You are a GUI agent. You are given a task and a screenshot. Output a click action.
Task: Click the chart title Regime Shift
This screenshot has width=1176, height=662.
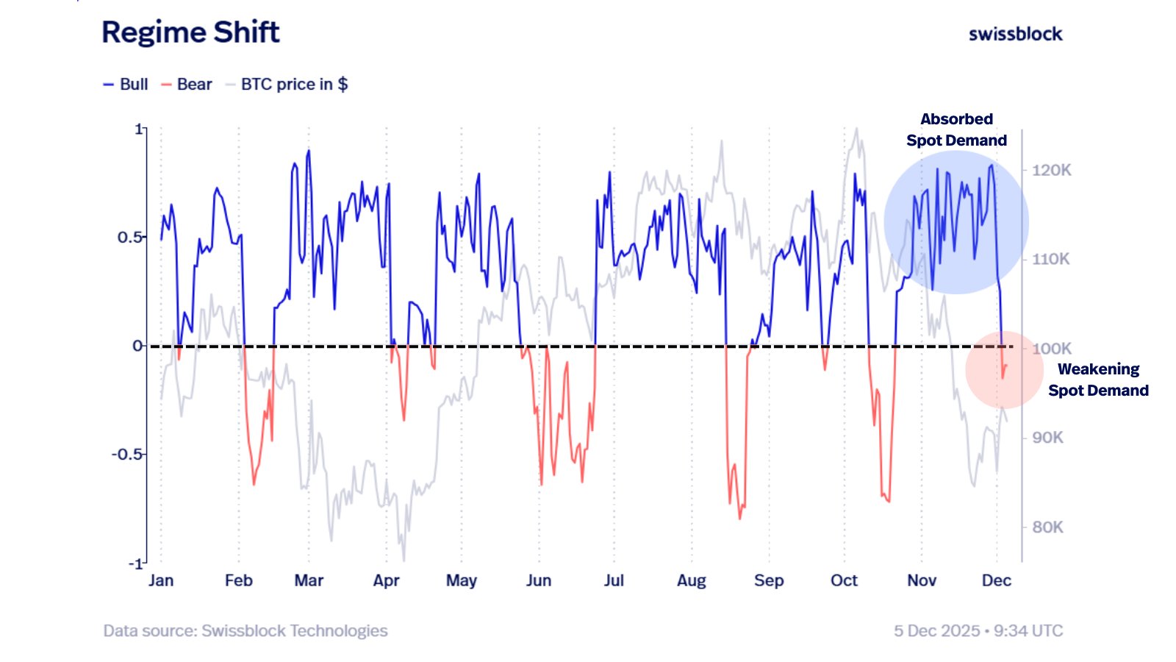pyautogui.click(x=190, y=32)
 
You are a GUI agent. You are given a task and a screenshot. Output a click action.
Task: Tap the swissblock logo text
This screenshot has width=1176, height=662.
pyautogui.click(x=1015, y=34)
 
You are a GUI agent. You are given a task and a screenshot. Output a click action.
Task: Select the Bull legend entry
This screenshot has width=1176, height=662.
pyautogui.click(x=126, y=85)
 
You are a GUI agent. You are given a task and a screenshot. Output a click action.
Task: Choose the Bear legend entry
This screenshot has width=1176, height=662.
pyautogui.click(x=187, y=85)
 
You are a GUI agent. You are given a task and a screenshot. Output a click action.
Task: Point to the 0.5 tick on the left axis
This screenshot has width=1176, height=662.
pyautogui.click(x=129, y=237)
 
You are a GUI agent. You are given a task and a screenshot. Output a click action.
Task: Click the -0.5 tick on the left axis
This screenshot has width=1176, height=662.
pyautogui.click(x=126, y=454)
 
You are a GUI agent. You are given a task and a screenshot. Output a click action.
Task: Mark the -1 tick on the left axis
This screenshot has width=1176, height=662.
pyautogui.click(x=135, y=563)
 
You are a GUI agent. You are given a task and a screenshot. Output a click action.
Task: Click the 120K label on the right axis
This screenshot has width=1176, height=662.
pyautogui.click(x=1051, y=170)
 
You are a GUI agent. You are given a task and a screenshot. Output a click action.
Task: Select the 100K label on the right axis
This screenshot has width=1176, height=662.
pyautogui.click(x=1051, y=348)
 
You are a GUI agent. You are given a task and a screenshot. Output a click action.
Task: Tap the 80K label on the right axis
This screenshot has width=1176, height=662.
pyautogui.click(x=1047, y=527)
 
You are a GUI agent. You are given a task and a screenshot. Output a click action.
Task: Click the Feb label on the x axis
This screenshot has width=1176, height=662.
pyautogui.click(x=238, y=580)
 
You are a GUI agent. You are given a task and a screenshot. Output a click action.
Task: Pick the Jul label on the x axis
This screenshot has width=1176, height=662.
pyautogui.click(x=614, y=580)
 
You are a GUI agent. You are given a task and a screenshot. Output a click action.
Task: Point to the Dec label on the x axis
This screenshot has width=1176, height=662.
pyautogui.click(x=996, y=580)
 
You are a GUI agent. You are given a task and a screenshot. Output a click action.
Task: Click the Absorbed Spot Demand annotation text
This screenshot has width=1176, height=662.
pyautogui.click(x=956, y=129)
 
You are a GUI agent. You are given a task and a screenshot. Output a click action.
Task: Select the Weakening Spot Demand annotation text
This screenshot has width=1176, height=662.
pyautogui.click(x=1098, y=380)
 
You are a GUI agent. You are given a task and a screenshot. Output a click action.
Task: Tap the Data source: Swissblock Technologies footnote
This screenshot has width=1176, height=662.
pyautogui.click(x=245, y=630)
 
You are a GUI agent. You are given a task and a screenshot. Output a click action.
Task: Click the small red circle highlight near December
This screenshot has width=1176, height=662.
pyautogui.click(x=1003, y=370)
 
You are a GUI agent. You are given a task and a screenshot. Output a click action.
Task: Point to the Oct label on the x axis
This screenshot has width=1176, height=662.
pyautogui.click(x=844, y=580)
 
